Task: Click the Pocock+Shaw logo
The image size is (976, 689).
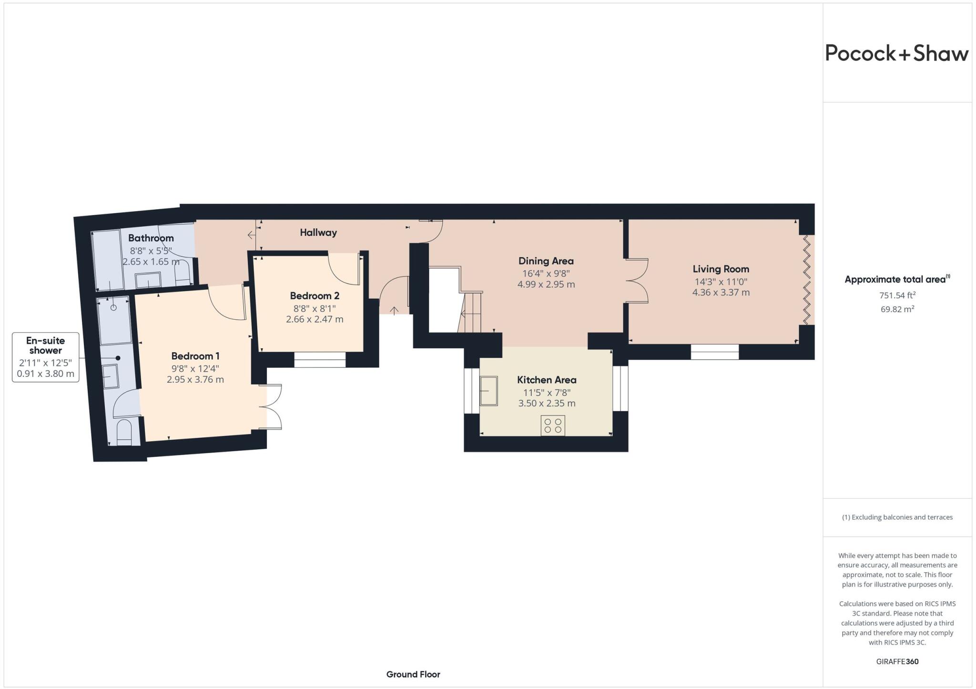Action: (896, 53)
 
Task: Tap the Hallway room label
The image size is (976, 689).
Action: (318, 233)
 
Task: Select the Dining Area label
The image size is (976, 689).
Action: (546, 261)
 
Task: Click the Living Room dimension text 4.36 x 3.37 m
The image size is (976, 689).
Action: (721, 293)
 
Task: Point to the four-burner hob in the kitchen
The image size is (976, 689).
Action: (553, 426)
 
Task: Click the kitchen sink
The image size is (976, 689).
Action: (488, 391)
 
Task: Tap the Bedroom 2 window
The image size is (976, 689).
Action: (320, 360)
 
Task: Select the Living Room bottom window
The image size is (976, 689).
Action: (714, 352)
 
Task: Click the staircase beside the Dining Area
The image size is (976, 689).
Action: (471, 312)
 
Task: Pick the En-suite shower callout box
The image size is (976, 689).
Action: (45, 357)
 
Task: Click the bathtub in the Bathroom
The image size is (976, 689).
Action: (107, 260)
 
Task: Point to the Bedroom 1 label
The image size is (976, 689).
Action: (195, 356)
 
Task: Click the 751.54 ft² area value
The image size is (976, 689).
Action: (897, 295)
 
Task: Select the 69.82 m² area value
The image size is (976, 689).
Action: (897, 309)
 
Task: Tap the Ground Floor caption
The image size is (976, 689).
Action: (413, 674)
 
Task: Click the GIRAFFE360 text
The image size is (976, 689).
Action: (897, 661)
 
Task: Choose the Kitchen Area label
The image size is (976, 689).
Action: (547, 380)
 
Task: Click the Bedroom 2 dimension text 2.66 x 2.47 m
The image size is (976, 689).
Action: (315, 319)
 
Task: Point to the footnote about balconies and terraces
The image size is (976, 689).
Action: (897, 517)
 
